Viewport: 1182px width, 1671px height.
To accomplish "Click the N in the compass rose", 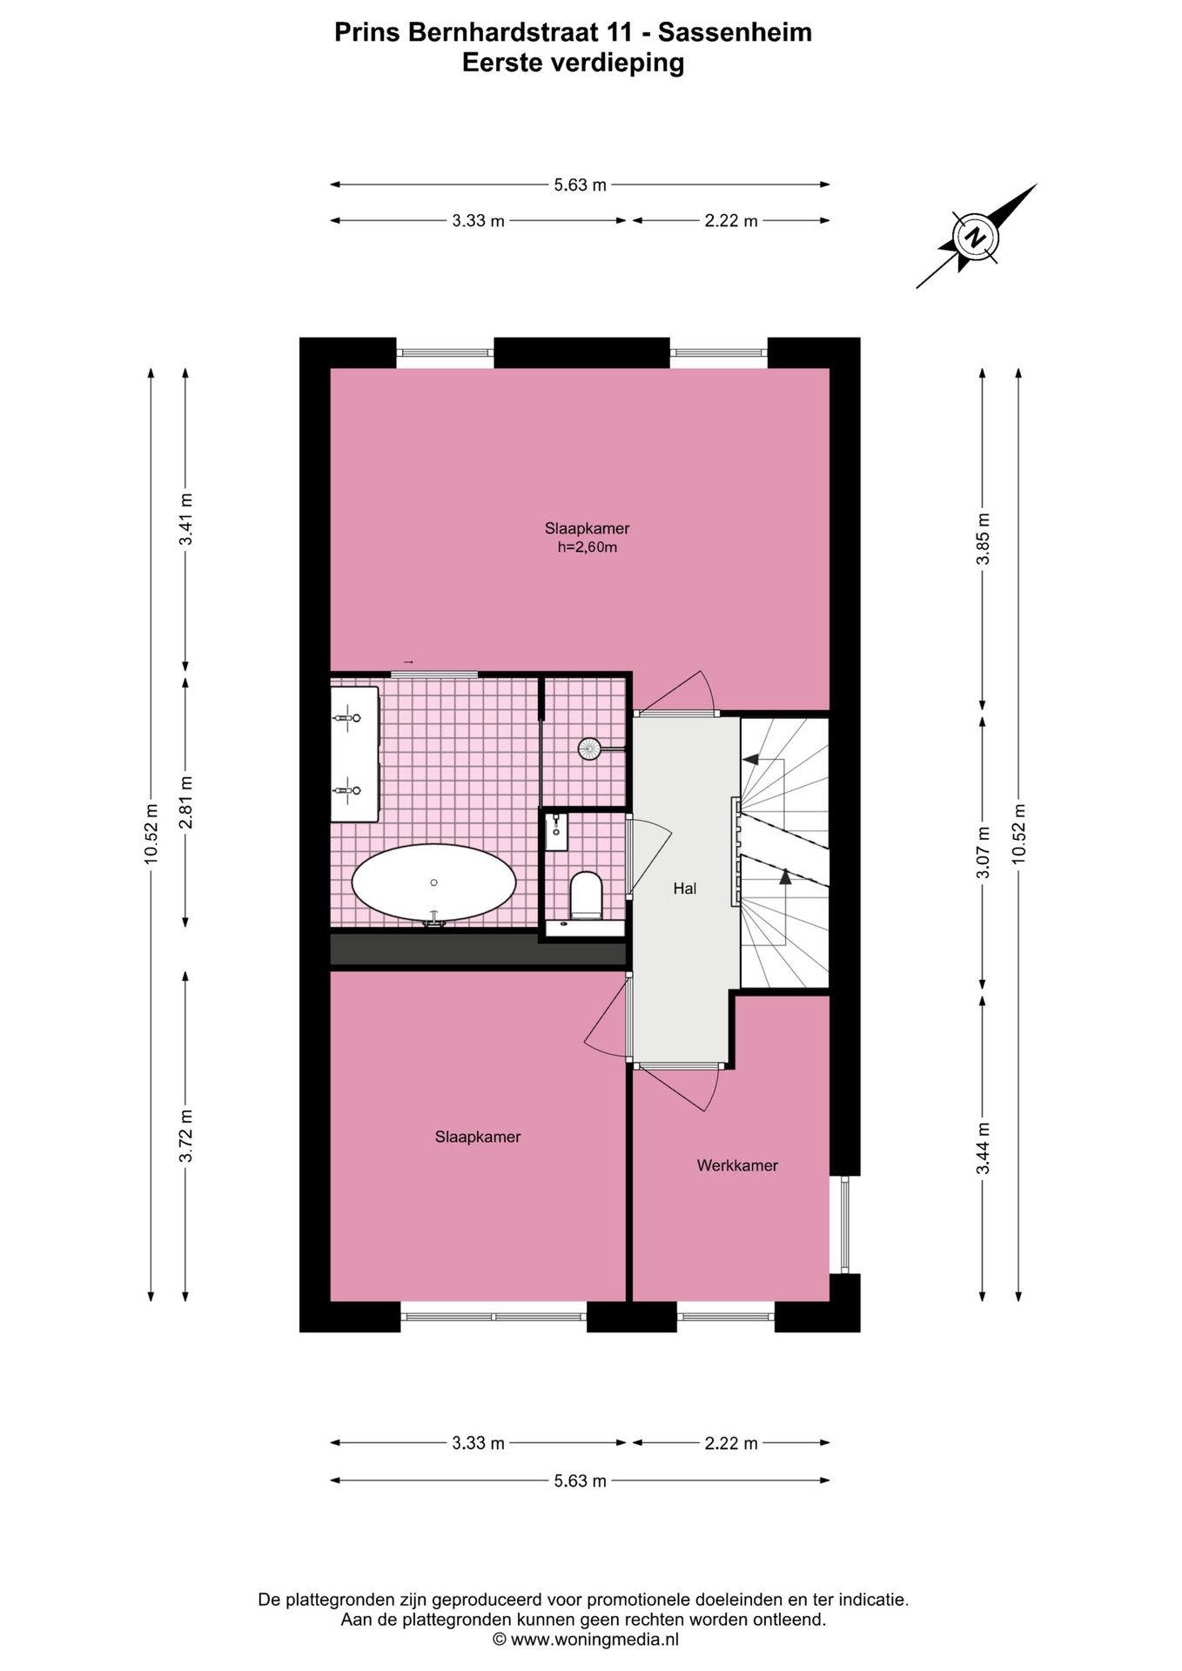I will pyautogui.click(x=976, y=237).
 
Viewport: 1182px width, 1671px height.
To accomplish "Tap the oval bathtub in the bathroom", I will pyautogui.click(x=433, y=882).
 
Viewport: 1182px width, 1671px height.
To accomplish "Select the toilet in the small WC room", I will pyautogui.click(x=586, y=896).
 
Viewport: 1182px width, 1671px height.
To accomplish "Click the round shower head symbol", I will pyautogui.click(x=589, y=748).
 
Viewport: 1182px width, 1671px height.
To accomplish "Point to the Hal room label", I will pyautogui.click(x=684, y=889).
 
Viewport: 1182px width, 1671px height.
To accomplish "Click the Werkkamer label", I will pyautogui.click(x=736, y=1165).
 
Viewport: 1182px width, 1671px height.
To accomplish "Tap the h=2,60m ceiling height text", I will pyautogui.click(x=587, y=547).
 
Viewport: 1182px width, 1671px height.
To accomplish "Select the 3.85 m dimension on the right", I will pyautogui.click(x=983, y=539).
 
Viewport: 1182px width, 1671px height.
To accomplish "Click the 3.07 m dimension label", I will pyautogui.click(x=983, y=852).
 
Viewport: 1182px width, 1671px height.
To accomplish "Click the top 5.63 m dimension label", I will pyautogui.click(x=580, y=185).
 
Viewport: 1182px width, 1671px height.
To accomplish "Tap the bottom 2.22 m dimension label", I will pyautogui.click(x=730, y=1444).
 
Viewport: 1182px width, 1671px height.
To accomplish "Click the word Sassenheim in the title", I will pyautogui.click(x=735, y=32).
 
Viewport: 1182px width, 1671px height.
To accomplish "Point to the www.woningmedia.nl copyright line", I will pyautogui.click(x=585, y=1640).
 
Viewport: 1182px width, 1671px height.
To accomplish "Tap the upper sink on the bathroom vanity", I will pyautogui.click(x=348, y=719).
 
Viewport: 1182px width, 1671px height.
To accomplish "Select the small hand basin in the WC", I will pyautogui.click(x=555, y=830).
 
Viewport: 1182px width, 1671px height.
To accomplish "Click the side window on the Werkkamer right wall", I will pyautogui.click(x=843, y=1225).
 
